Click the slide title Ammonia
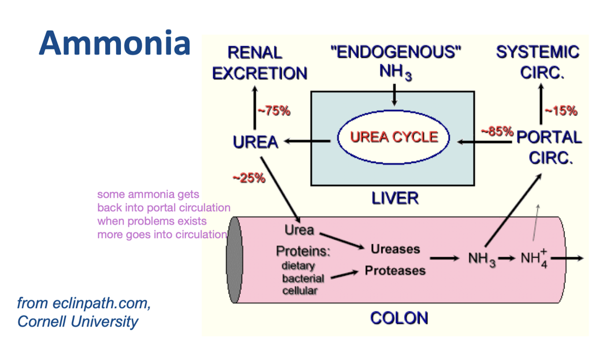click(114, 43)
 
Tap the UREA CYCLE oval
click(394, 137)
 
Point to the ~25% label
click(248, 178)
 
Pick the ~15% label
click(561, 111)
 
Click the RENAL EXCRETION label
click(259, 63)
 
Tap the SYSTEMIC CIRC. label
click(538, 62)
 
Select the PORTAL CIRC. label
click(549, 147)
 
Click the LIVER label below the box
click(395, 198)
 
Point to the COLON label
click(399, 318)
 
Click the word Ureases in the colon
click(395, 249)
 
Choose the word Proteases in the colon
click(395, 271)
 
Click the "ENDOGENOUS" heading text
click(395, 53)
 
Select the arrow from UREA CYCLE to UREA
click(307, 142)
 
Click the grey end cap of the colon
click(234, 260)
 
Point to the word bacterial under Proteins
click(303, 278)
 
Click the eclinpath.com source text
click(84, 303)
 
